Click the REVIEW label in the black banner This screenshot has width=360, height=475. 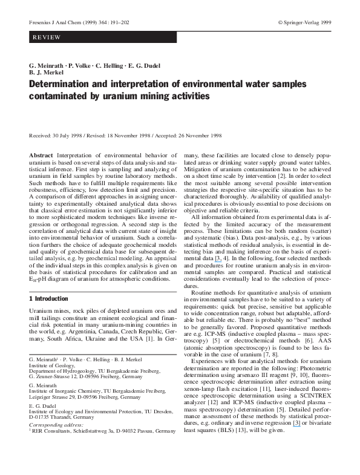(47, 38)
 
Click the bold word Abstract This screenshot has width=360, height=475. (41, 156)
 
